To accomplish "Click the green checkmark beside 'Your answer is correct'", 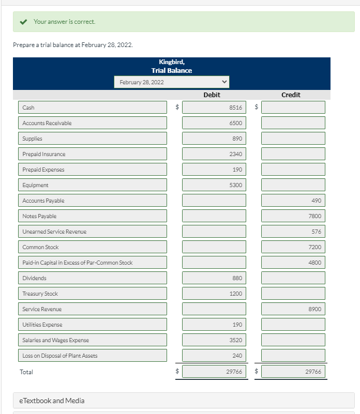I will click(23, 22).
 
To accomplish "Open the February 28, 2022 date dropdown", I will click(171, 82).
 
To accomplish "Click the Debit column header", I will click(212, 95).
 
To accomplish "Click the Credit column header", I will click(291, 95).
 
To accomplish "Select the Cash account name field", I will click(93, 108).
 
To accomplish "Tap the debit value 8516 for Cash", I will click(214, 108).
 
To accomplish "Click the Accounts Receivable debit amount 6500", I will click(214, 123).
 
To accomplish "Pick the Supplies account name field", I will click(93, 139).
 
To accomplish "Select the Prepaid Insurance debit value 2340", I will click(214, 154).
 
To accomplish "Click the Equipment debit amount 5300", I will click(214, 185).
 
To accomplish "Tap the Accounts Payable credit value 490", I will click(293, 201).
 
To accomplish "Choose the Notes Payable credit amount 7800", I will click(293, 216).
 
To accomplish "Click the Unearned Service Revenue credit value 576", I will click(293, 232).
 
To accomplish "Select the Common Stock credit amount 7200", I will click(293, 247).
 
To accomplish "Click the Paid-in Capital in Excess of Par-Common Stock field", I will click(93, 263).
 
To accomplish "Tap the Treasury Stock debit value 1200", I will click(214, 294).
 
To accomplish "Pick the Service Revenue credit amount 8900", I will click(293, 309).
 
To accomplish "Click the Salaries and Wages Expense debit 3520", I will click(214, 340).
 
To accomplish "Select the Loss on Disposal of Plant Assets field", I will click(93, 356).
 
